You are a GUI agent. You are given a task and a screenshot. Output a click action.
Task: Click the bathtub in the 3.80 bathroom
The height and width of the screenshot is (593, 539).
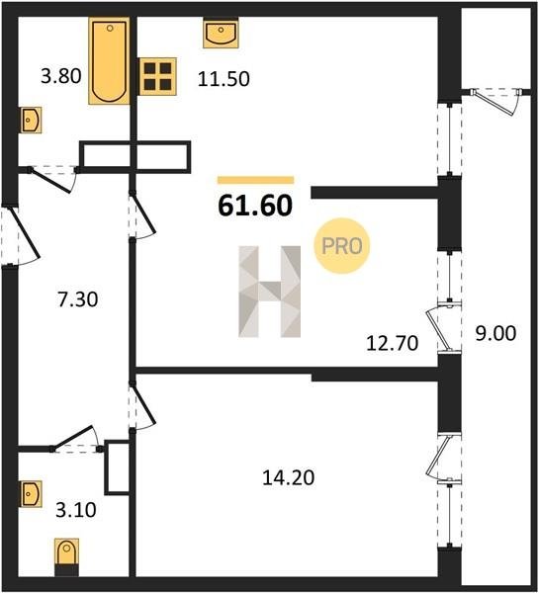[109, 60]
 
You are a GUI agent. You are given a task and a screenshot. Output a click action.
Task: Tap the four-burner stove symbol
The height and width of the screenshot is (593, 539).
[157, 76]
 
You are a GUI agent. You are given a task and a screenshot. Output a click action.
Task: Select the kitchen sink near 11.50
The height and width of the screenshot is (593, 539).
[221, 33]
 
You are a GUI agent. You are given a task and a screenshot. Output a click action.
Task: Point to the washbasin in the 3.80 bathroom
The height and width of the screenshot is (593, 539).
[31, 120]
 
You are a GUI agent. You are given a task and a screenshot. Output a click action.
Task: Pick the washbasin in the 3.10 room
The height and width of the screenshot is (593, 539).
[31, 493]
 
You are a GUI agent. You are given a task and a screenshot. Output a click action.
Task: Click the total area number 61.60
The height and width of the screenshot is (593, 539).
[255, 206]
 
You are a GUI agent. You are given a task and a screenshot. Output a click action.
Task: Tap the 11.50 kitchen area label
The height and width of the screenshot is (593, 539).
[224, 79]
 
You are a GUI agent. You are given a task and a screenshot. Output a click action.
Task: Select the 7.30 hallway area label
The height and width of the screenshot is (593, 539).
[77, 299]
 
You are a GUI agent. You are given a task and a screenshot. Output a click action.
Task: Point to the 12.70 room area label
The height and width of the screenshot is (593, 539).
[393, 343]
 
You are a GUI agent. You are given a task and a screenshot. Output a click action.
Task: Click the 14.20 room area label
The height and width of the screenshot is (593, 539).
[289, 478]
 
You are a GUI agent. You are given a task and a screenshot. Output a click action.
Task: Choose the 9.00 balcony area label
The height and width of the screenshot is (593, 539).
[495, 334]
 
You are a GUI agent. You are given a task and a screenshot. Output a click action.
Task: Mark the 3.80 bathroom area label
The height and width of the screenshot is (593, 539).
[61, 76]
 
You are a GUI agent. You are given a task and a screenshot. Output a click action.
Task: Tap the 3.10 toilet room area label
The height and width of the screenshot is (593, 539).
[76, 510]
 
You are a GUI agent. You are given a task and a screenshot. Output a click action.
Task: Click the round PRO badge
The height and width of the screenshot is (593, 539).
[342, 246]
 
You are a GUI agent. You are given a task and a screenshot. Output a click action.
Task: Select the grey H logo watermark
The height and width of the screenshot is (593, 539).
[269, 292]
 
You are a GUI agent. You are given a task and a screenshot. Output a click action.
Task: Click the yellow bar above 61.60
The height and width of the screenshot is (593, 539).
[255, 180]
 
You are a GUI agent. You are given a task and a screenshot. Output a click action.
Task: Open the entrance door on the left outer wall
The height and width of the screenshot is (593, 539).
[24, 232]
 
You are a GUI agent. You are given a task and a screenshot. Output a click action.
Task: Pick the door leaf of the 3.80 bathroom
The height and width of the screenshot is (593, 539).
[50, 181]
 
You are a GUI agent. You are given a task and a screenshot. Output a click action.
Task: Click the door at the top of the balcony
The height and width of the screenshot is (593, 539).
[496, 102]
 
